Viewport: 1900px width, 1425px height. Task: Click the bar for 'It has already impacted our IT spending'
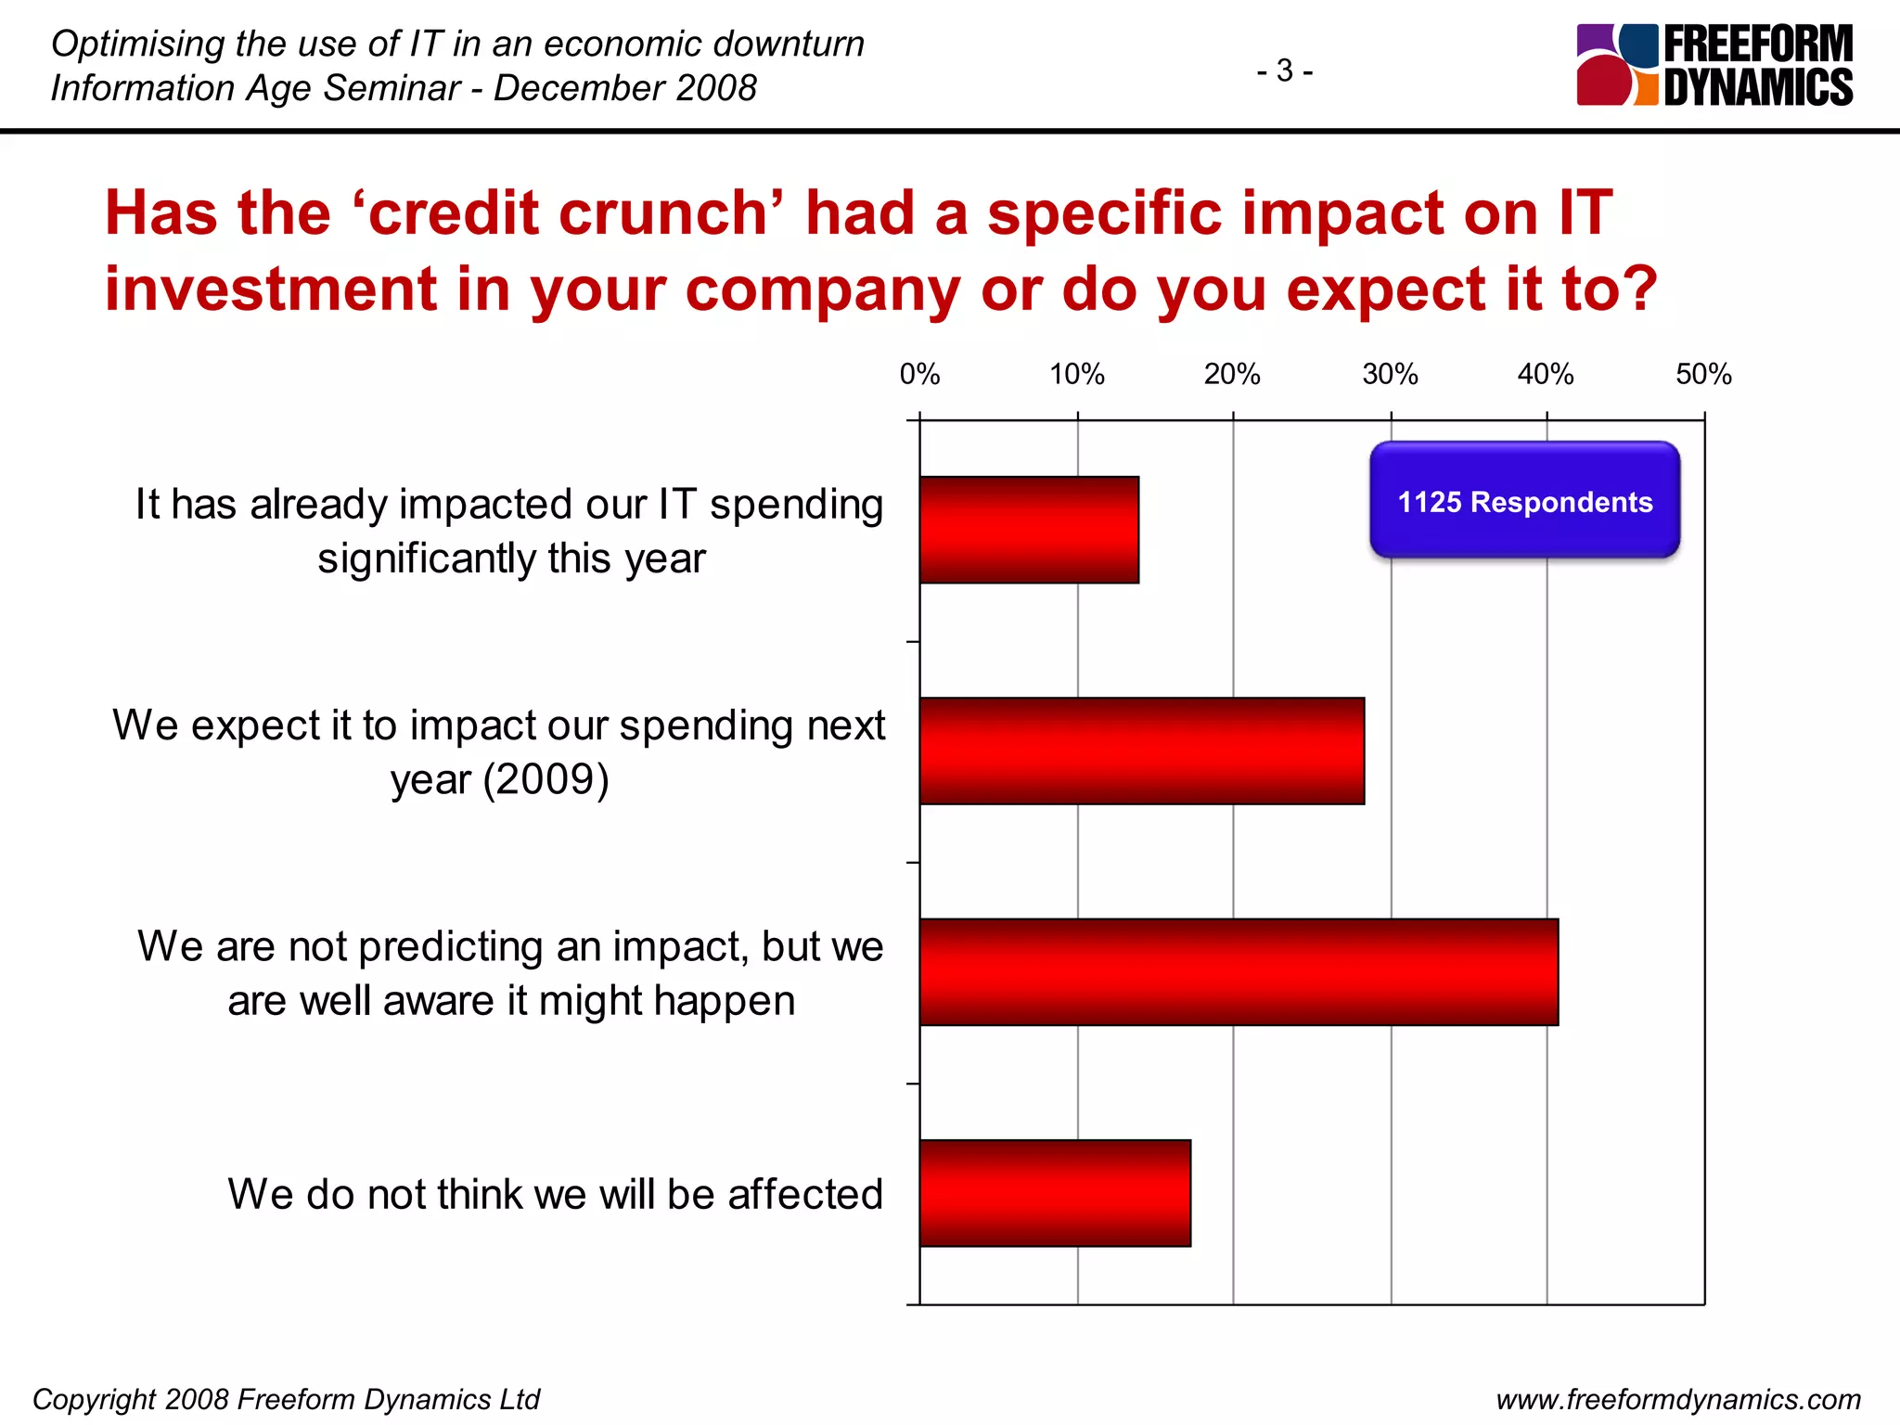(1029, 530)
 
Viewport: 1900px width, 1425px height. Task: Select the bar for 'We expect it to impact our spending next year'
(1141, 751)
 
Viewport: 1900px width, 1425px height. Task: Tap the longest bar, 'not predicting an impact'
(1239, 972)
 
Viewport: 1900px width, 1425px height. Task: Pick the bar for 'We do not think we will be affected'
(1055, 1193)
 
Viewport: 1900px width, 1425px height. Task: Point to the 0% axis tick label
(919, 375)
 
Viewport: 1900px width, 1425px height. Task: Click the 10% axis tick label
(1076, 375)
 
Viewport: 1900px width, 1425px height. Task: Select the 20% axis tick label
(1232, 375)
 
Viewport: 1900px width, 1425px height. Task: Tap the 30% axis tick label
(1390, 375)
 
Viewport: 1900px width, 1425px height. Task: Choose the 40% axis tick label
(1546, 375)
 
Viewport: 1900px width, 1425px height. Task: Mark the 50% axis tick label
(1703, 375)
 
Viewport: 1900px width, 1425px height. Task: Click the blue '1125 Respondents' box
(1524, 501)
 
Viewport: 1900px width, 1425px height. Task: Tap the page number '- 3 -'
(1284, 71)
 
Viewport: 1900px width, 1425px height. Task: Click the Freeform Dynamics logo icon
(1616, 65)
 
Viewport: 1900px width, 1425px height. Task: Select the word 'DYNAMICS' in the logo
(1758, 87)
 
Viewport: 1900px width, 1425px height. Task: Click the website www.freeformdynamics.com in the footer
(1678, 1399)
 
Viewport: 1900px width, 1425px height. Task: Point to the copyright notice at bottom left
(286, 1399)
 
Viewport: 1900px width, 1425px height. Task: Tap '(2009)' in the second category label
(546, 779)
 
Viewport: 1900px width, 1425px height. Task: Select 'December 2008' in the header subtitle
(624, 88)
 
